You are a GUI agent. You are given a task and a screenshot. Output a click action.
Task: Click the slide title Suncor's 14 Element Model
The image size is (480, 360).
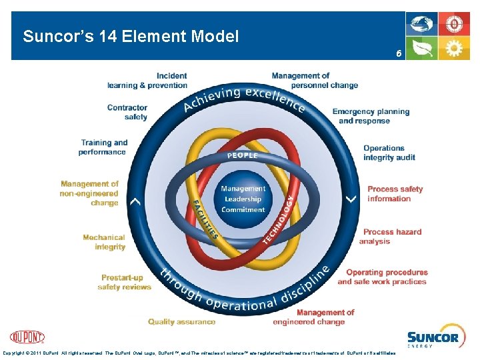pyautogui.click(x=131, y=37)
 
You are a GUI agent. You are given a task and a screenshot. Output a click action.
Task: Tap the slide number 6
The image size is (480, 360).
pyautogui.click(x=398, y=53)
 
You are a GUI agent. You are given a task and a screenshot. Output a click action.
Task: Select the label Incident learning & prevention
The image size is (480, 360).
pyautogui.click(x=147, y=81)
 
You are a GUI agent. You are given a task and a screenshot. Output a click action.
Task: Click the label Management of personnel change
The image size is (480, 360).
pyautogui.click(x=315, y=81)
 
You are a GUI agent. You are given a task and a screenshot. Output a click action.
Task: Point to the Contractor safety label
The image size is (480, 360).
pyautogui.click(x=127, y=112)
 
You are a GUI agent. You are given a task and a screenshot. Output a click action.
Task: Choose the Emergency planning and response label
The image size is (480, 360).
pyautogui.click(x=371, y=116)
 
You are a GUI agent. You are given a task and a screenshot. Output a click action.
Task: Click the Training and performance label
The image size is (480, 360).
pyautogui.click(x=103, y=147)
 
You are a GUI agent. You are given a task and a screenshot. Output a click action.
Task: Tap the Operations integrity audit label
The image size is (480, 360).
pyautogui.click(x=389, y=153)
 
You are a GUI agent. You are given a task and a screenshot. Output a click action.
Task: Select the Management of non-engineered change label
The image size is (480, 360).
pyautogui.click(x=89, y=193)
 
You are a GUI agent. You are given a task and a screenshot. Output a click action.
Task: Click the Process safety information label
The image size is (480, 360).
pyautogui.click(x=395, y=194)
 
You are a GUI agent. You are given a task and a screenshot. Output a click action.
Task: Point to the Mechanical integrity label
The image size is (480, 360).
pyautogui.click(x=104, y=242)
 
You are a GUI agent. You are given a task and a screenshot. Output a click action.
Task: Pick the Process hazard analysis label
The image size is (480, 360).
pyautogui.click(x=392, y=237)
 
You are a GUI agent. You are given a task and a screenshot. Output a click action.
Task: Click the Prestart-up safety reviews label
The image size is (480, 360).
pyautogui.click(x=124, y=282)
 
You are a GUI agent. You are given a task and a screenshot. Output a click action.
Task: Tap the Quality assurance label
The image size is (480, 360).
pyautogui.click(x=181, y=322)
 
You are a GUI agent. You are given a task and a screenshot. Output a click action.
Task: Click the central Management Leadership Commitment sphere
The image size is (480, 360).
pyautogui.click(x=243, y=199)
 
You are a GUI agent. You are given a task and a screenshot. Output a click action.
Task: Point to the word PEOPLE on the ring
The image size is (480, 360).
pyautogui.click(x=242, y=155)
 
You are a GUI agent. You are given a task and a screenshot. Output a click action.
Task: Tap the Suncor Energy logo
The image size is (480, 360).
pyautogui.click(x=433, y=339)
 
